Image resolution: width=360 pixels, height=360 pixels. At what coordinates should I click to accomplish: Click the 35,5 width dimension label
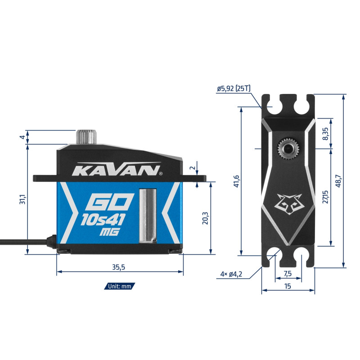[118, 267]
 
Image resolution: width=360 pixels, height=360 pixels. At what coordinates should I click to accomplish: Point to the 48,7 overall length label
[338, 181]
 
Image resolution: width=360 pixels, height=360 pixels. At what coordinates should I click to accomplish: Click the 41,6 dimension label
[237, 181]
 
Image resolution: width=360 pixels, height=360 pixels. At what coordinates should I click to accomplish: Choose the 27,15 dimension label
[325, 197]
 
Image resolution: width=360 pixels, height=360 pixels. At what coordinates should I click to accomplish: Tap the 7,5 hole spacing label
[288, 274]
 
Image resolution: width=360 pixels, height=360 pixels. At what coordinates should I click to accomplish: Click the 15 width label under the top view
[288, 286]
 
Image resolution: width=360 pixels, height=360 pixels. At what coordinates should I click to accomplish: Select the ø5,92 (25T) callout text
[234, 88]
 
